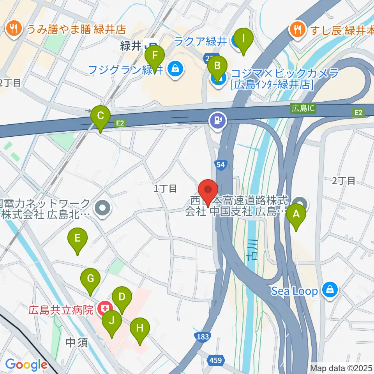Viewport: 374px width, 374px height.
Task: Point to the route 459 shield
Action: [217, 361]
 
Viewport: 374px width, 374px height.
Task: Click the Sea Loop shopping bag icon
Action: [330, 291]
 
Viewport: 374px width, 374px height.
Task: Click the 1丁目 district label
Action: [165, 189]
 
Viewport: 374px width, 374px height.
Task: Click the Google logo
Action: [26, 365]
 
